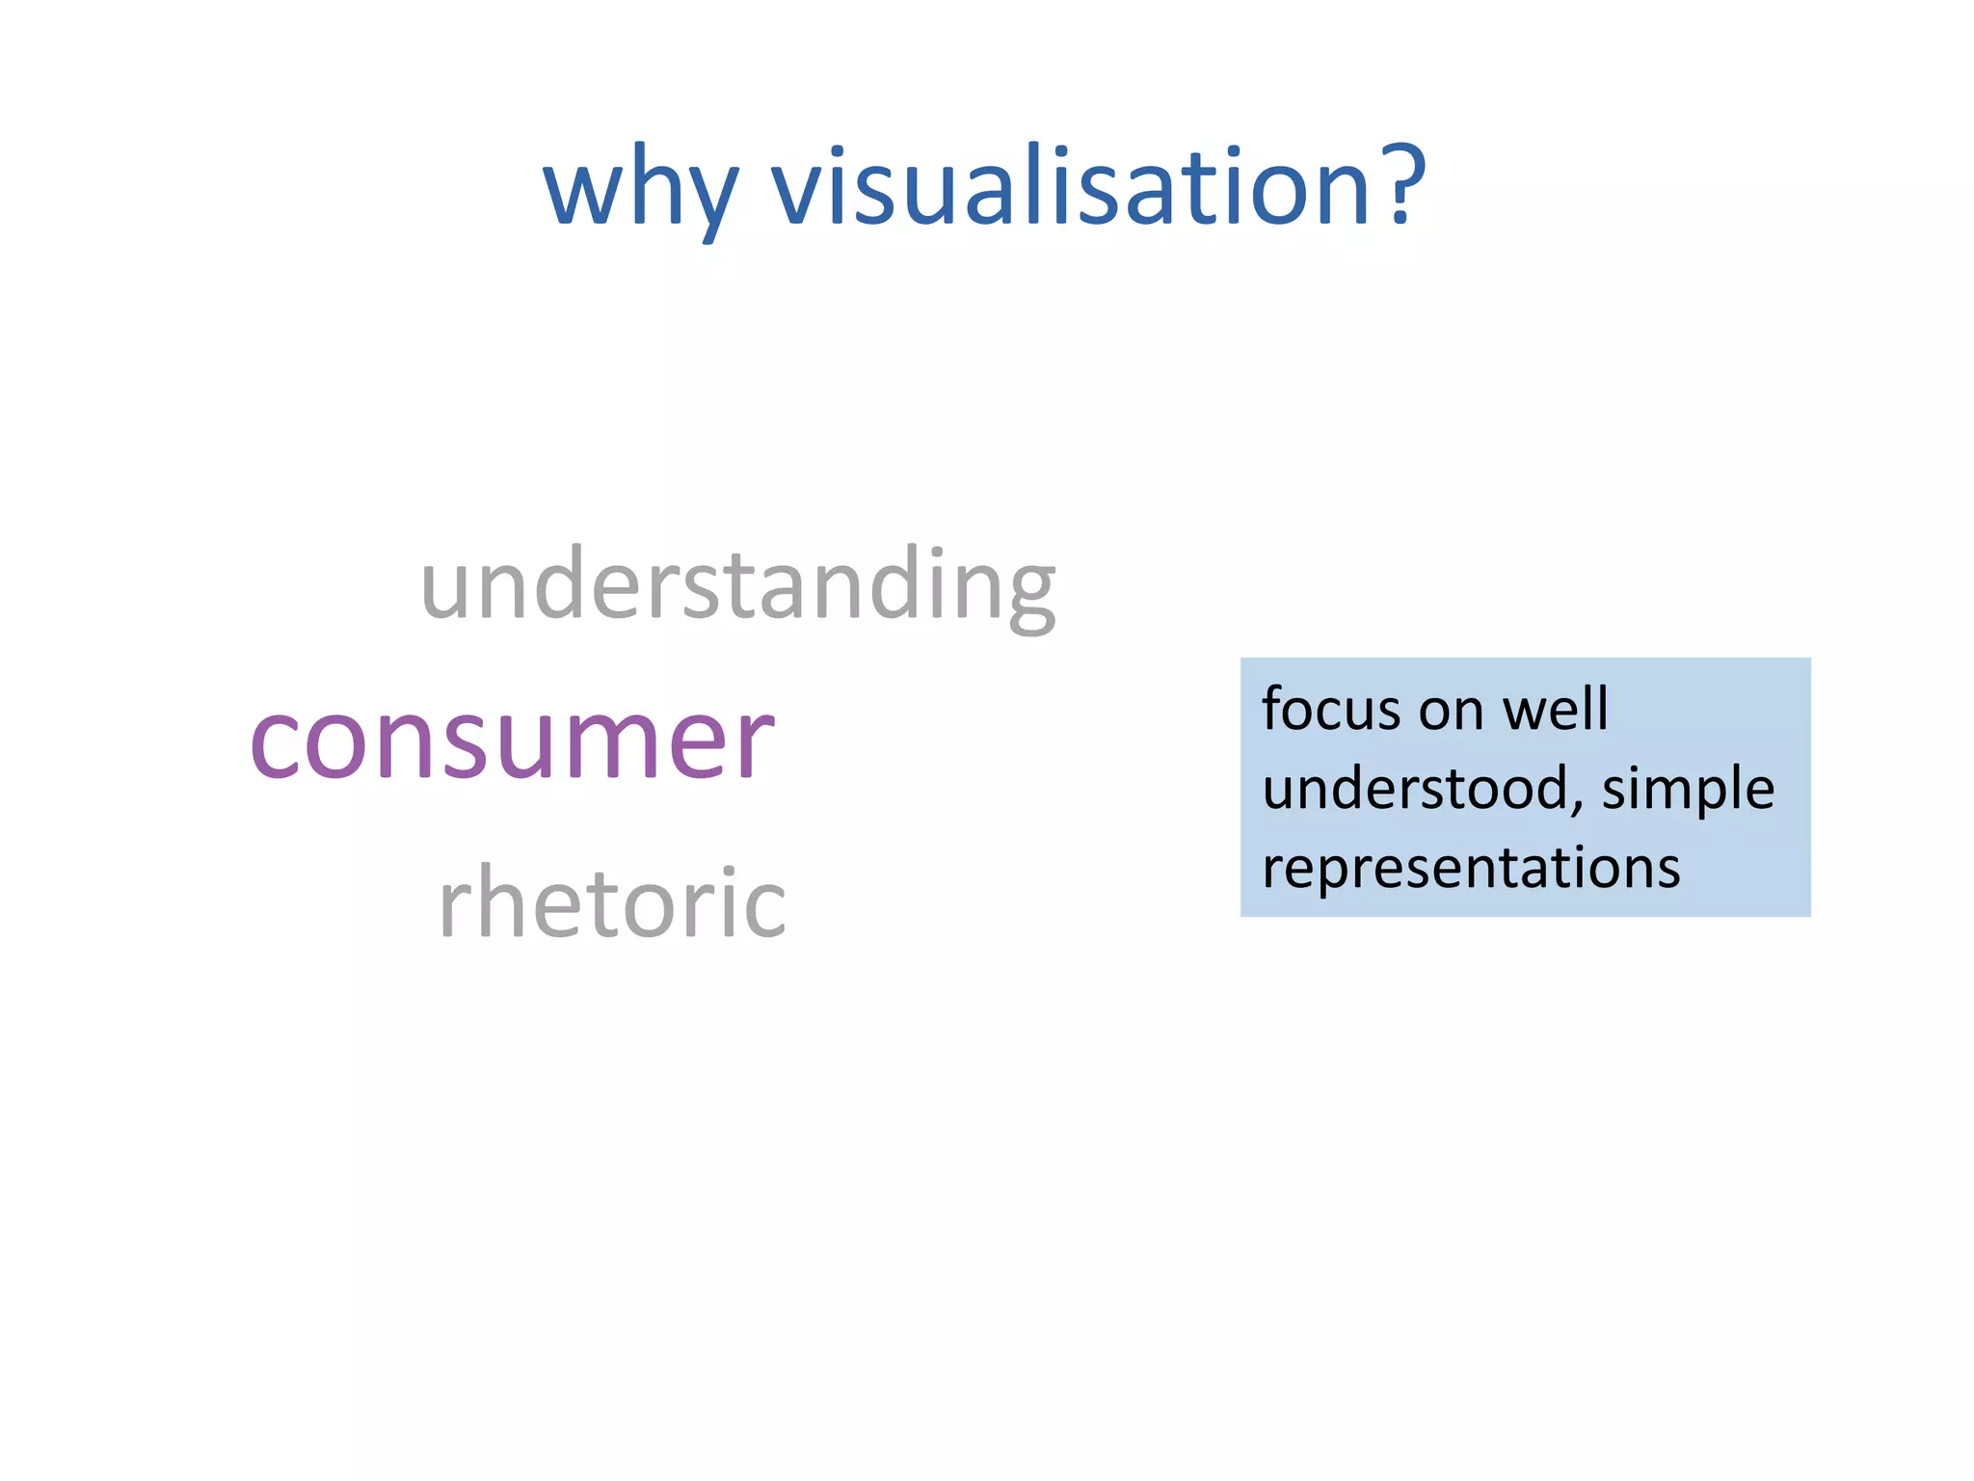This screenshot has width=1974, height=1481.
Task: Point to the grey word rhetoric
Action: (612, 902)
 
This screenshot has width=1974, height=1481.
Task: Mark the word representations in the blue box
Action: (1471, 868)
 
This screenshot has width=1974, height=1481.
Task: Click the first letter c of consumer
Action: (277, 742)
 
